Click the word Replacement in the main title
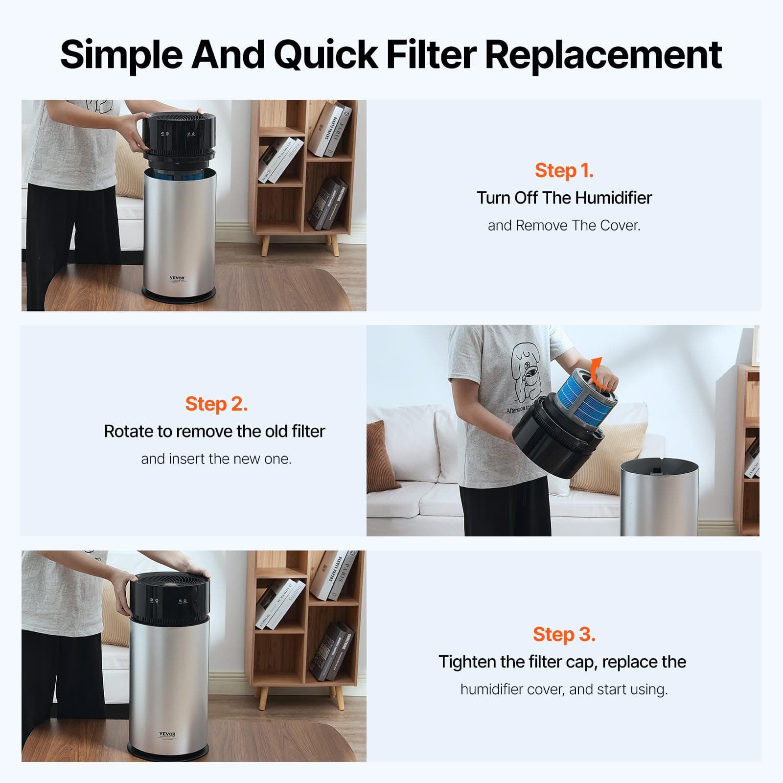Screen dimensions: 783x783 (603, 55)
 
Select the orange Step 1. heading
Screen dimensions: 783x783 (564, 170)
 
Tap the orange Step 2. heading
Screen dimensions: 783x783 (216, 404)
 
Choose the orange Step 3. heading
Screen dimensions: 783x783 (564, 634)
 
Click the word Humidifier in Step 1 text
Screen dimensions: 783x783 (613, 198)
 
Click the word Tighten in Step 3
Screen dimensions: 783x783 (468, 662)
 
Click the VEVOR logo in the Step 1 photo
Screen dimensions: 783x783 (177, 278)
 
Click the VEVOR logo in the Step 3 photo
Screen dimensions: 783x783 (167, 734)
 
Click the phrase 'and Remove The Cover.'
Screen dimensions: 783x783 (564, 226)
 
